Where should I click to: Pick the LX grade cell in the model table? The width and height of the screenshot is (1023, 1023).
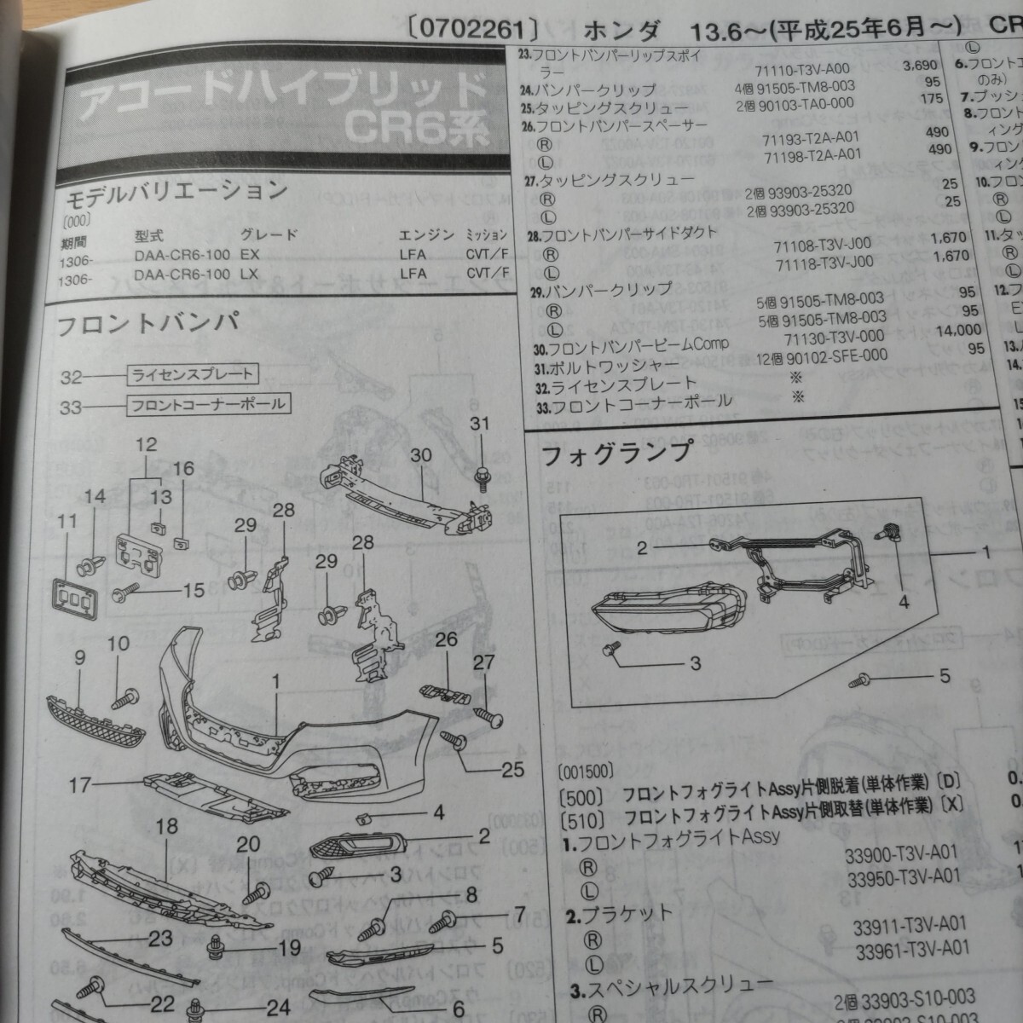click(250, 274)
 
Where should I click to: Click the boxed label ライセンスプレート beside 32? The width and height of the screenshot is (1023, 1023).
click(191, 373)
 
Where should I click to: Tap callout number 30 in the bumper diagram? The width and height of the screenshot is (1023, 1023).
click(421, 455)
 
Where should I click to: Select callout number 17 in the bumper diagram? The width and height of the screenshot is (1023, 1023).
click(80, 783)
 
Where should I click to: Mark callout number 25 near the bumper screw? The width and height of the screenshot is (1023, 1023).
click(512, 769)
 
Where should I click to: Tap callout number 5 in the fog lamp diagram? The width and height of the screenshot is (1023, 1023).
click(944, 677)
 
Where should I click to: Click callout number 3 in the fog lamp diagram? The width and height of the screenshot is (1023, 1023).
click(695, 662)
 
